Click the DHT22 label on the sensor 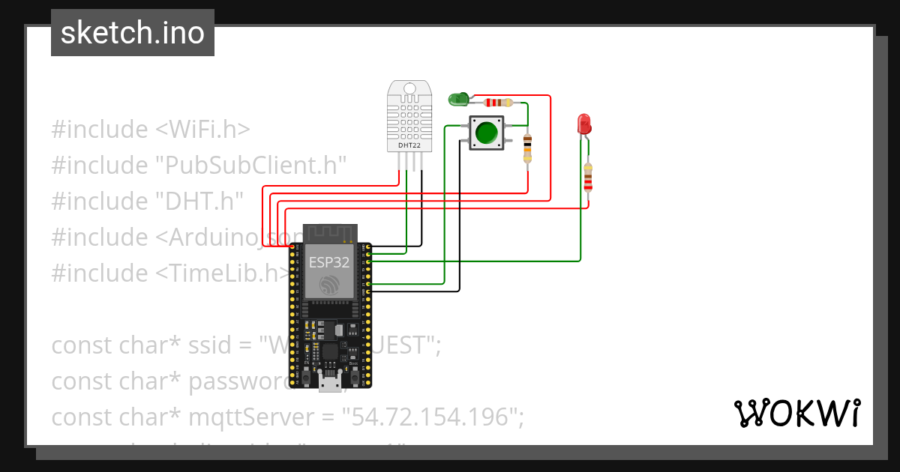pos(409,145)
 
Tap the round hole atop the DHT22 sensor pos(409,88)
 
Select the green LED pos(457,98)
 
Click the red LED pos(583,124)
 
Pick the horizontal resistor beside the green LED pos(498,103)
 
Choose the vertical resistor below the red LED pos(588,178)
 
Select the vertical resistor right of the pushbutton pos(527,148)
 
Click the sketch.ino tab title pos(133,33)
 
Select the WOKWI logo pos(796,413)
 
